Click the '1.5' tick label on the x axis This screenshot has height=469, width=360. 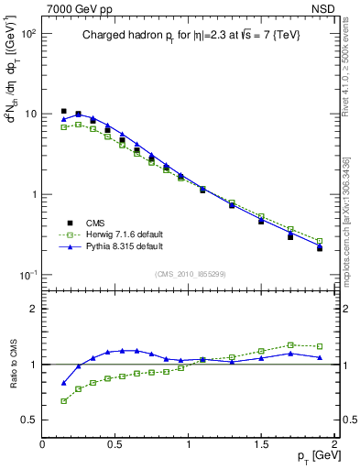261,443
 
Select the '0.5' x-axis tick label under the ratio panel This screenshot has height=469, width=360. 115,443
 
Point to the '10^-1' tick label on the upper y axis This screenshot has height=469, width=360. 27,275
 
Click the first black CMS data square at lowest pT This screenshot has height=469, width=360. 63,112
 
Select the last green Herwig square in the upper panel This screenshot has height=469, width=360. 320,241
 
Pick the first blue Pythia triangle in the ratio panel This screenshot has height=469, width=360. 63,383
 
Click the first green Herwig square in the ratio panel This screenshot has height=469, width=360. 63,401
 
